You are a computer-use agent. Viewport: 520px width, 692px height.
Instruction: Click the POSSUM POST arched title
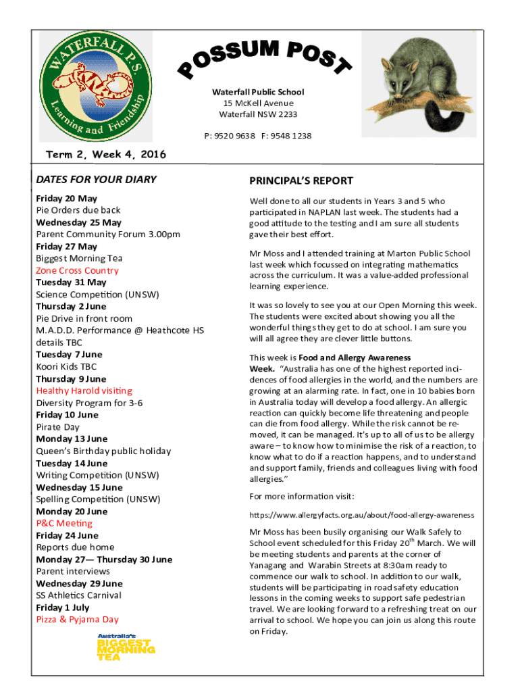(265, 59)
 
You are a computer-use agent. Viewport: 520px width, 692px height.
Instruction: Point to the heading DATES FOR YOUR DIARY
(96, 179)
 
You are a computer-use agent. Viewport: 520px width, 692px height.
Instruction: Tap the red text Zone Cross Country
(77, 270)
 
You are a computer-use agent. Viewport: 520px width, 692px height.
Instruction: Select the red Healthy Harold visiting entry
(84, 391)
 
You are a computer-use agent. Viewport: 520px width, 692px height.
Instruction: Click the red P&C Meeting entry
(64, 523)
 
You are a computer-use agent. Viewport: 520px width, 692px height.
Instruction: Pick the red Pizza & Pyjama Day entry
(77, 619)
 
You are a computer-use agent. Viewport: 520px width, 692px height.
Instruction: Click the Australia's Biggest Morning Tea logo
(126, 647)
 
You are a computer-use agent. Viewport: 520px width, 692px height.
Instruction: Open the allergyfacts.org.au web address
(361, 515)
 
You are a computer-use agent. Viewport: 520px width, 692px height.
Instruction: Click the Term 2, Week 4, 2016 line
(105, 155)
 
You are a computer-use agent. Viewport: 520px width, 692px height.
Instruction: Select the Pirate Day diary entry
(57, 427)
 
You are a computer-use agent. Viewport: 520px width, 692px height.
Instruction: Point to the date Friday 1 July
(62, 607)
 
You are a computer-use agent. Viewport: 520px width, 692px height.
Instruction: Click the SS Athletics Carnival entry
(78, 595)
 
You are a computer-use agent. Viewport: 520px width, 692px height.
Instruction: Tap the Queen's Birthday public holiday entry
(103, 451)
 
